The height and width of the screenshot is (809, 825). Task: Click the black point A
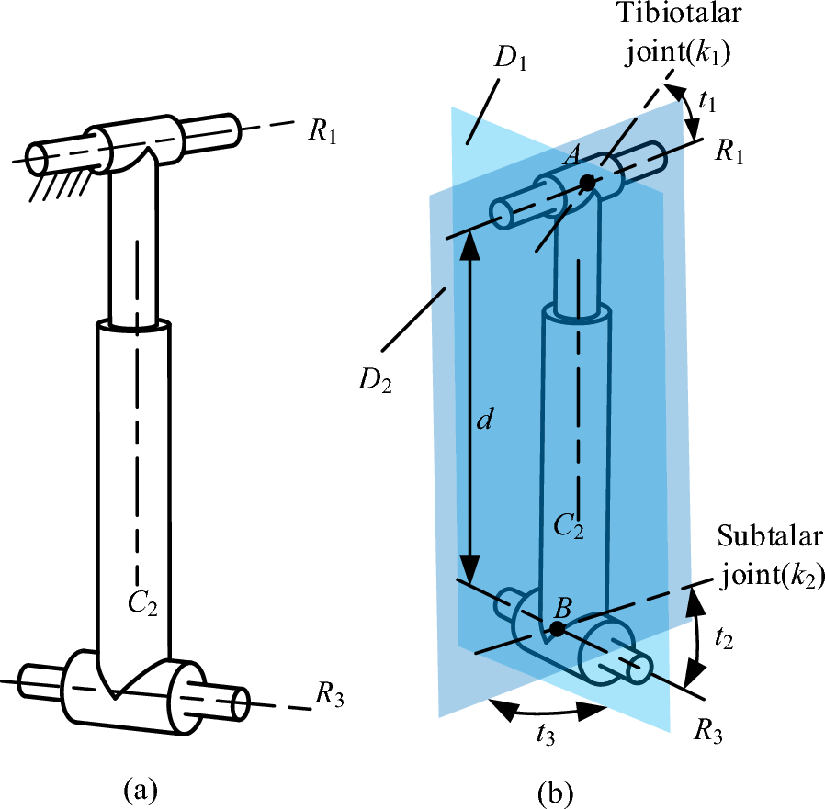587,184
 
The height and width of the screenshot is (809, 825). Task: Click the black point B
556,629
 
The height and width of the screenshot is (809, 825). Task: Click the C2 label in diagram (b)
569,526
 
